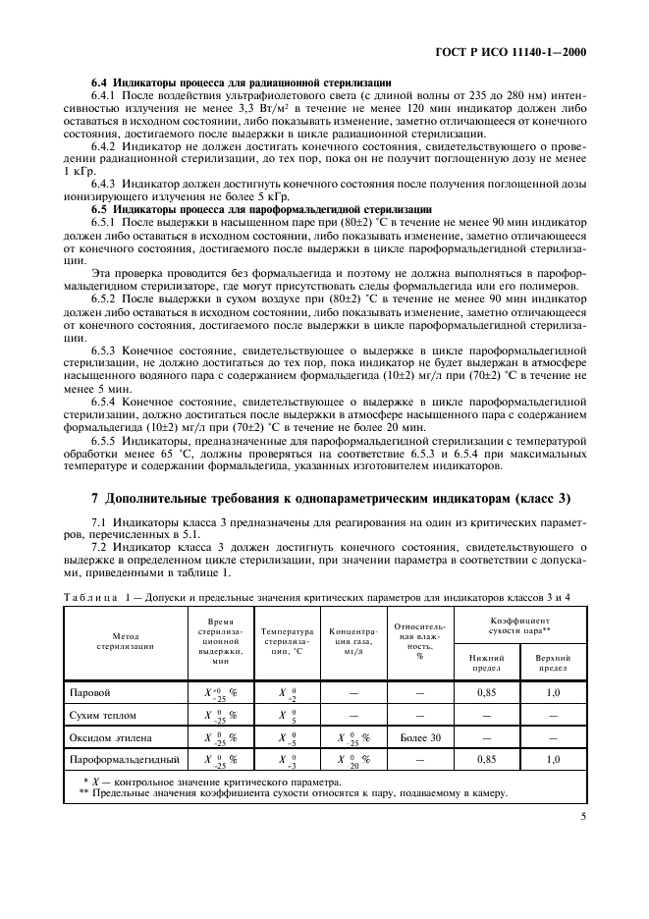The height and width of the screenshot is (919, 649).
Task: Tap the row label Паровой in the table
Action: point(90,692)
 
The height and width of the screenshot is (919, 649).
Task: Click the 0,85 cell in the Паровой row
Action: point(485,692)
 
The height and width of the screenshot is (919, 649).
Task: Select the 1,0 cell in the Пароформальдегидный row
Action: point(553,760)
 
